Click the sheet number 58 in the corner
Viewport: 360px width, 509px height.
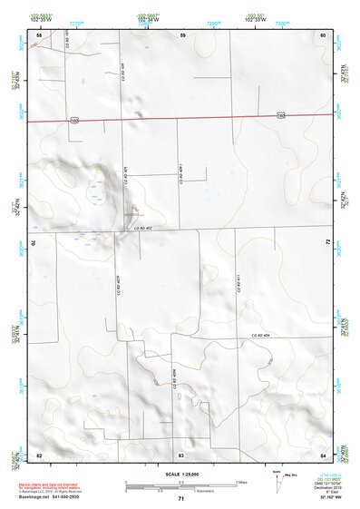[39, 35]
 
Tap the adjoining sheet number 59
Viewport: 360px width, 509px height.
[182, 35]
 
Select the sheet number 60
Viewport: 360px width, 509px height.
[323, 35]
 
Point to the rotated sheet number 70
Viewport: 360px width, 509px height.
[37, 243]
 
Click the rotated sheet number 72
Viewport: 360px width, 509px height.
[326, 243]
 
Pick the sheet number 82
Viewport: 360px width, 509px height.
[39, 454]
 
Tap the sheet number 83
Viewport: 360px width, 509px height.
[181, 454]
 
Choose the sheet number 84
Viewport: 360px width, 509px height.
[323, 454]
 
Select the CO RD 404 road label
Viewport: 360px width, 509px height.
[261, 337]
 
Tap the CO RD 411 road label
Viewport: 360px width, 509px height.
[238, 284]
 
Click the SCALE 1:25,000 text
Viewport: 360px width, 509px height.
[180, 475]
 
